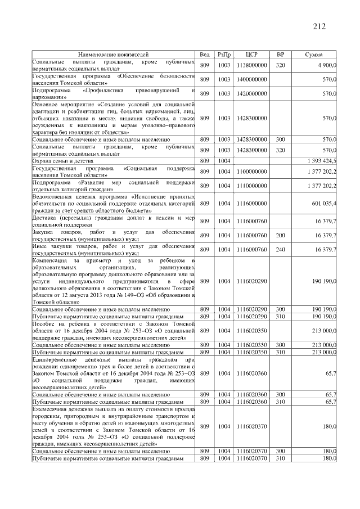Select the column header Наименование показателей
point(113,55)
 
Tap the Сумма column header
point(313,55)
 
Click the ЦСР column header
point(251,55)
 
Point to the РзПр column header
point(224,55)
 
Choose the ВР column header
point(281,55)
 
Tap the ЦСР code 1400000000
point(251,79)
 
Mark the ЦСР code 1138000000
point(251,65)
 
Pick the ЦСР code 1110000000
point(251,186)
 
